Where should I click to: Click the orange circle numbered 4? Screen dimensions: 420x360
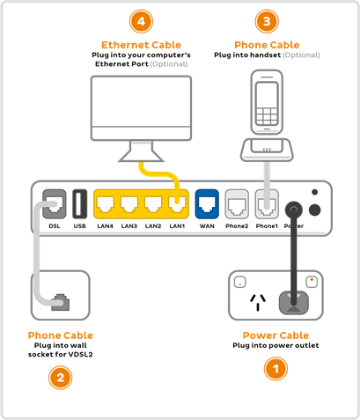(x=141, y=20)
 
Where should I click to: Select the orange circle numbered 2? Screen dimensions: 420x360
(x=59, y=379)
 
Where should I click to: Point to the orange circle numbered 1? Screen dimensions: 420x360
(x=276, y=369)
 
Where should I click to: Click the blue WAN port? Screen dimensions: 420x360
(x=208, y=205)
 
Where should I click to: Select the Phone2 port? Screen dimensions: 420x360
(x=237, y=205)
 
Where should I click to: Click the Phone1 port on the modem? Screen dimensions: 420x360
(x=264, y=205)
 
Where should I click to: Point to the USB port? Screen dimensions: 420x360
(x=78, y=204)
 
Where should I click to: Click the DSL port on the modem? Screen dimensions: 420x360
(x=54, y=205)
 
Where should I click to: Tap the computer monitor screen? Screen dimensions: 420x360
(x=141, y=107)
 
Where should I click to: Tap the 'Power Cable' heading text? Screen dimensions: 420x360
(x=276, y=335)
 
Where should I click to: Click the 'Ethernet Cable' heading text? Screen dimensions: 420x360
(x=141, y=43)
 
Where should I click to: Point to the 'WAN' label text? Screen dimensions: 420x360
(x=208, y=226)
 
